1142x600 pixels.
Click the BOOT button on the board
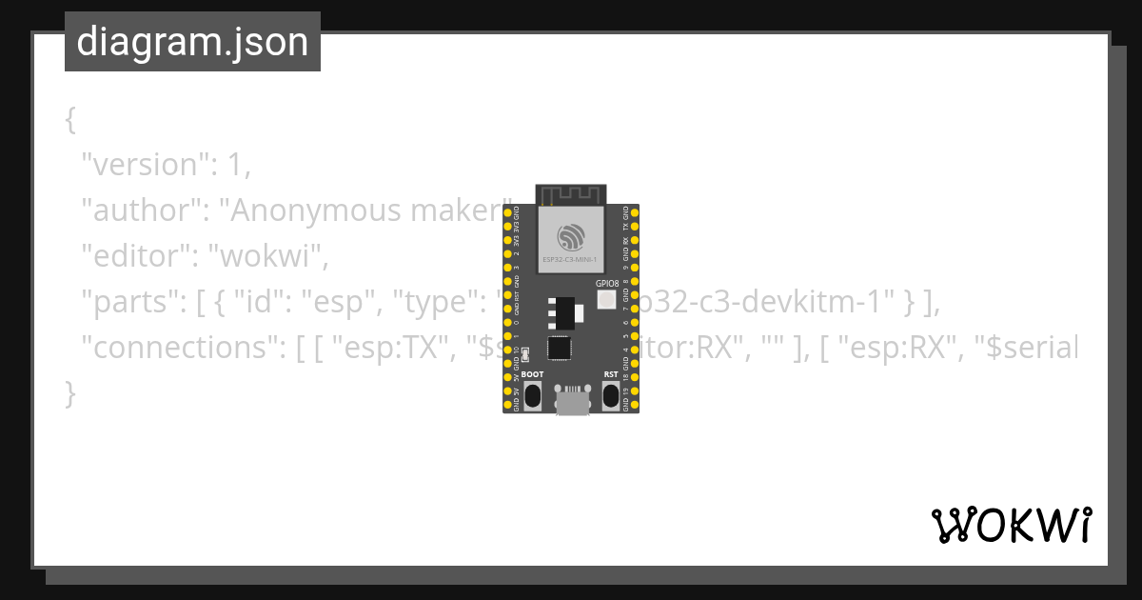533,394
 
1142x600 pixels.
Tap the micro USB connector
571,401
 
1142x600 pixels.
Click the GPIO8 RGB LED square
606,300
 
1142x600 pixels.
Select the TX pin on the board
635,227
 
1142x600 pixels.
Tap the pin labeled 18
635,377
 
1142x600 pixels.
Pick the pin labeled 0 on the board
507,322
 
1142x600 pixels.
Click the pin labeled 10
507,350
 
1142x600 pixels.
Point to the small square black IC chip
561,349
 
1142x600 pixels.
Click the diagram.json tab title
192,42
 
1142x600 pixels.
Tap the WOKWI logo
1011,525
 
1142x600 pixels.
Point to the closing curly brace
69,392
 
